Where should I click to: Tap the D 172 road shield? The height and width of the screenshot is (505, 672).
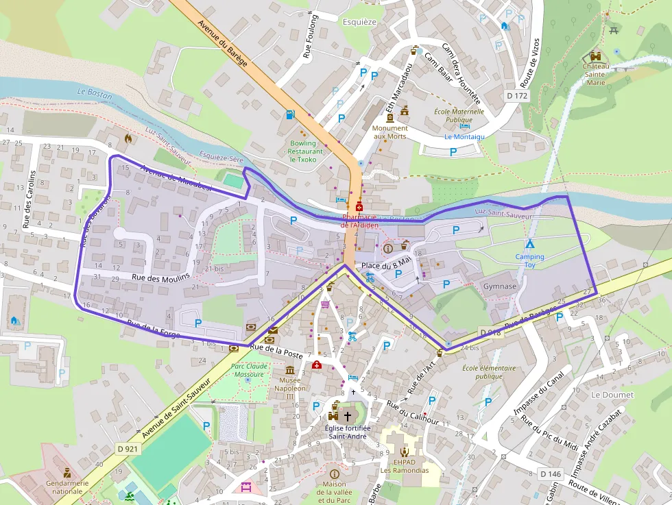pyautogui.click(x=517, y=96)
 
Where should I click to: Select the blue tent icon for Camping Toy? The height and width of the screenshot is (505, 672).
pyautogui.click(x=529, y=244)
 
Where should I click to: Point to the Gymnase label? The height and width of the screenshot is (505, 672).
pyautogui.click(x=499, y=286)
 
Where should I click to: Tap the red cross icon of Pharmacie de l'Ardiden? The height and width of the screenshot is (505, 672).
pyautogui.click(x=359, y=206)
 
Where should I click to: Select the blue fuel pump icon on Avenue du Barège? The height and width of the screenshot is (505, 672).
pyautogui.click(x=291, y=114)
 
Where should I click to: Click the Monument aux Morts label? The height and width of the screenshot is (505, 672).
pyautogui.click(x=390, y=132)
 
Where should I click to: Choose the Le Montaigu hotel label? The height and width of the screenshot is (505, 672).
pyautogui.click(x=464, y=136)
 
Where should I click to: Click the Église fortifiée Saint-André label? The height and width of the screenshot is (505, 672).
pyautogui.click(x=347, y=432)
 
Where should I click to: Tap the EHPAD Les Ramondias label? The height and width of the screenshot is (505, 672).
pyautogui.click(x=405, y=466)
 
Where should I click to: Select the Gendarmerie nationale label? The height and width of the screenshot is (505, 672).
pyautogui.click(x=67, y=486)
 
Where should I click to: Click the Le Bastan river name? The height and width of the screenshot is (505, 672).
pyautogui.click(x=95, y=93)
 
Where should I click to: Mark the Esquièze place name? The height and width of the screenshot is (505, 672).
pyautogui.click(x=359, y=21)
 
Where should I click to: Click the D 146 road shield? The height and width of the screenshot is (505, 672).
pyautogui.click(x=551, y=474)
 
